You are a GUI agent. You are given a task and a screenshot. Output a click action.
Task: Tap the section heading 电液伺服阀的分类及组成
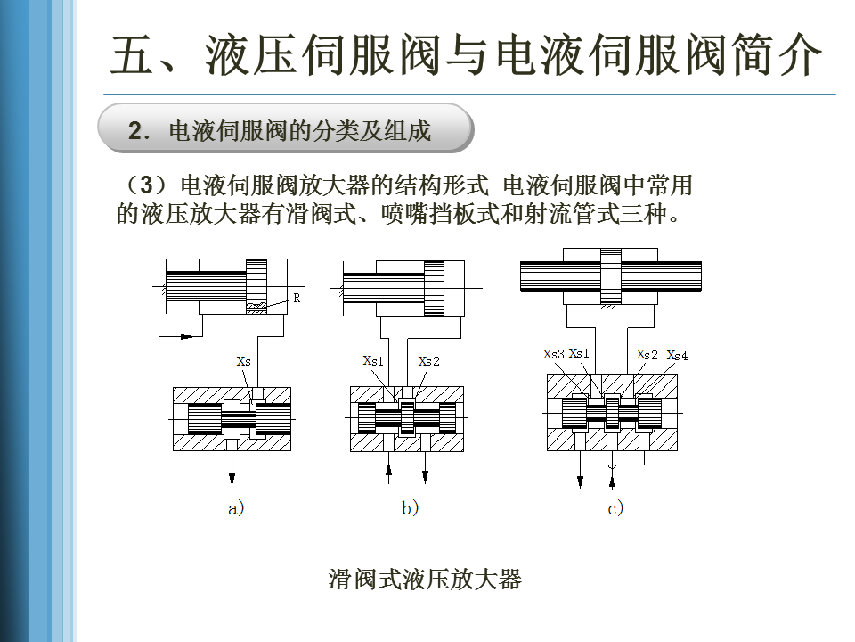299,132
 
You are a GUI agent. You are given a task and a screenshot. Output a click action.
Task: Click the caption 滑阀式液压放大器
425,580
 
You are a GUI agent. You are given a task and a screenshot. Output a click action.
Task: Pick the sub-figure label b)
410,509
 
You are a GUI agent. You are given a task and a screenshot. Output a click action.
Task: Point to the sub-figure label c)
615,509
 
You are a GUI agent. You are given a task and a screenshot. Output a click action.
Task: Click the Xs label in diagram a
243,361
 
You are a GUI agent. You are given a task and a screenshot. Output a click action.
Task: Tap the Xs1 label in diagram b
373,361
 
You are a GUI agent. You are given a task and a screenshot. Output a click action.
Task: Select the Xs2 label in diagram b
428,361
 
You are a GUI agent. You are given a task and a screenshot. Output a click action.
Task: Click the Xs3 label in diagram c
553,354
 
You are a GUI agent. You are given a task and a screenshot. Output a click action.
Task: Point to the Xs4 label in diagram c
677,356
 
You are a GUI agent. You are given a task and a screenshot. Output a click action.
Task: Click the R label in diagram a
297,300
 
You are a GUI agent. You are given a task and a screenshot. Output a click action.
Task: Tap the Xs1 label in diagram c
579,354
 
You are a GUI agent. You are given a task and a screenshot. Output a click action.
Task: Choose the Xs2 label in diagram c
647,354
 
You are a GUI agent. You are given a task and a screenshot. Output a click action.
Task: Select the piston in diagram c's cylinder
610,277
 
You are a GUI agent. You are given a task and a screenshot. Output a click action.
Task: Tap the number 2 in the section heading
134,132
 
